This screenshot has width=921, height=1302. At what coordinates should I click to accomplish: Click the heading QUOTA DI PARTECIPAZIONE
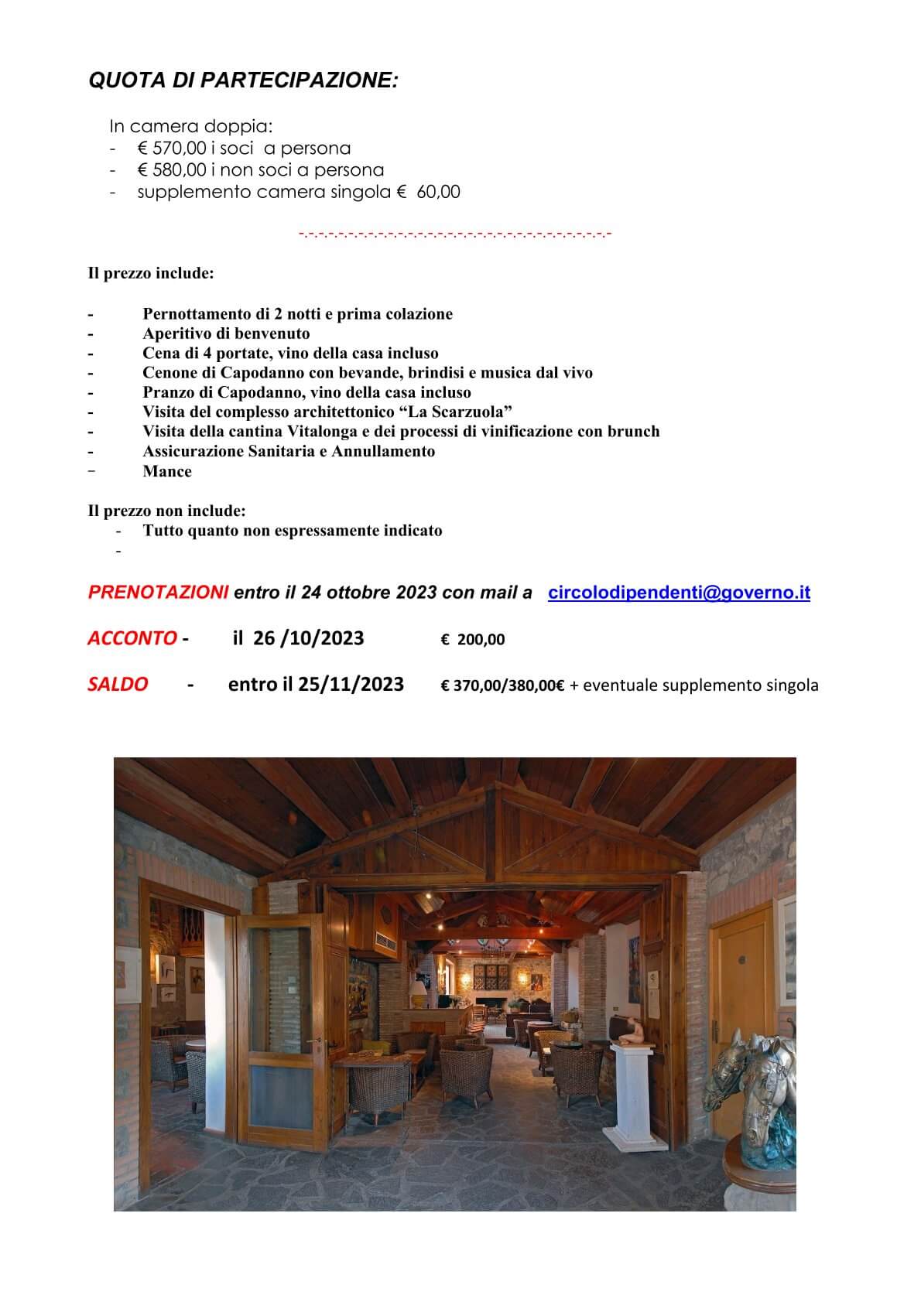click(244, 80)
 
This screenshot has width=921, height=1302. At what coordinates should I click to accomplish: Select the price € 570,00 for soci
click(172, 149)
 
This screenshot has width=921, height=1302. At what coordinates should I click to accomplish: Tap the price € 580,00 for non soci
click(172, 170)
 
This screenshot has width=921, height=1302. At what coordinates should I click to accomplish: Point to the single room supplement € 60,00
click(427, 192)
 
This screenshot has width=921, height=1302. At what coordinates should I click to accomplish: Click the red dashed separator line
click(455, 233)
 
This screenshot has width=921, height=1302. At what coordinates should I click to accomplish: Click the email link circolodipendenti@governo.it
click(679, 593)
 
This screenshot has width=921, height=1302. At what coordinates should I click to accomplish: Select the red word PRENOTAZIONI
click(159, 593)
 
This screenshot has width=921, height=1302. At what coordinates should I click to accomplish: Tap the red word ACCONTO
click(132, 638)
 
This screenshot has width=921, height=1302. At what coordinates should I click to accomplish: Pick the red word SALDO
click(118, 685)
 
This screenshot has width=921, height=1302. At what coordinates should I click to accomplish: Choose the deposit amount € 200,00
click(473, 640)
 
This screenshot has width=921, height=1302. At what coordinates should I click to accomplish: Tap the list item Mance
click(167, 472)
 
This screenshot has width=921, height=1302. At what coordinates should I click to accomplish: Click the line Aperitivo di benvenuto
click(226, 334)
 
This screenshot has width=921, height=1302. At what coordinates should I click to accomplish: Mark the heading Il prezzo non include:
click(167, 511)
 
